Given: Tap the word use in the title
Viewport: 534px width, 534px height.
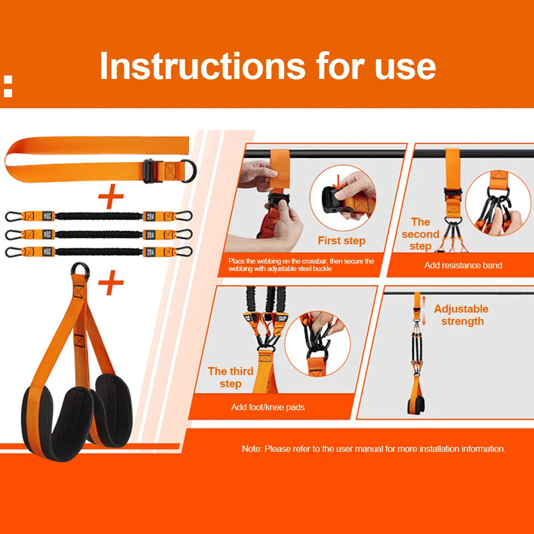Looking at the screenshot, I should (405, 67).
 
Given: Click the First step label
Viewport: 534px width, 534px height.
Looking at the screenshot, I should (341, 241).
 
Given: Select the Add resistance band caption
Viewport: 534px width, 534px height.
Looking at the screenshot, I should (463, 265).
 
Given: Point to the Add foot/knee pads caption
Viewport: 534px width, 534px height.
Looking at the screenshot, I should (268, 407).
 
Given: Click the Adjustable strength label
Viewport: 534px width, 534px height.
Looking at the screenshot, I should (461, 315).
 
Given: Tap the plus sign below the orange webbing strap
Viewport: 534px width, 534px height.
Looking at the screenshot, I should (111, 198).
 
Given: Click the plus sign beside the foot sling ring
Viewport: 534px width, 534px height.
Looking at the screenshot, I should (111, 283).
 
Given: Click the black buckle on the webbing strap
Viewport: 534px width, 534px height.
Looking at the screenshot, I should (149, 171).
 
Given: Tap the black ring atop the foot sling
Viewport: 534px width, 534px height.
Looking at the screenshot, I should (80, 271).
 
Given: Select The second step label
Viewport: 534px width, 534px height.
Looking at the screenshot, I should (420, 234).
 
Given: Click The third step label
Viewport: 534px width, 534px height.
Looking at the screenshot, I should (230, 378).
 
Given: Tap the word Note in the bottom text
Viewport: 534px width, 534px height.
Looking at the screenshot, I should (251, 449).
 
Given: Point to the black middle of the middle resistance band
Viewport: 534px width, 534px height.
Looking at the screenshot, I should (99, 234).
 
